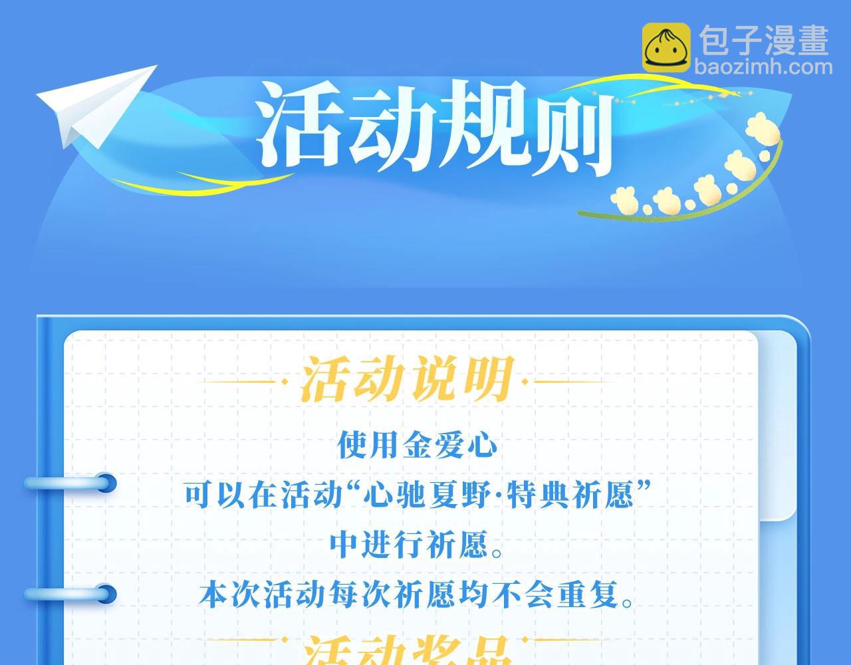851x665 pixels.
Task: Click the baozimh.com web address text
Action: tap(763, 67)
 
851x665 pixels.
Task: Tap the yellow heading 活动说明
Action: tap(408, 381)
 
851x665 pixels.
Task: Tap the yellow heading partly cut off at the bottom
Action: tap(408, 652)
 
